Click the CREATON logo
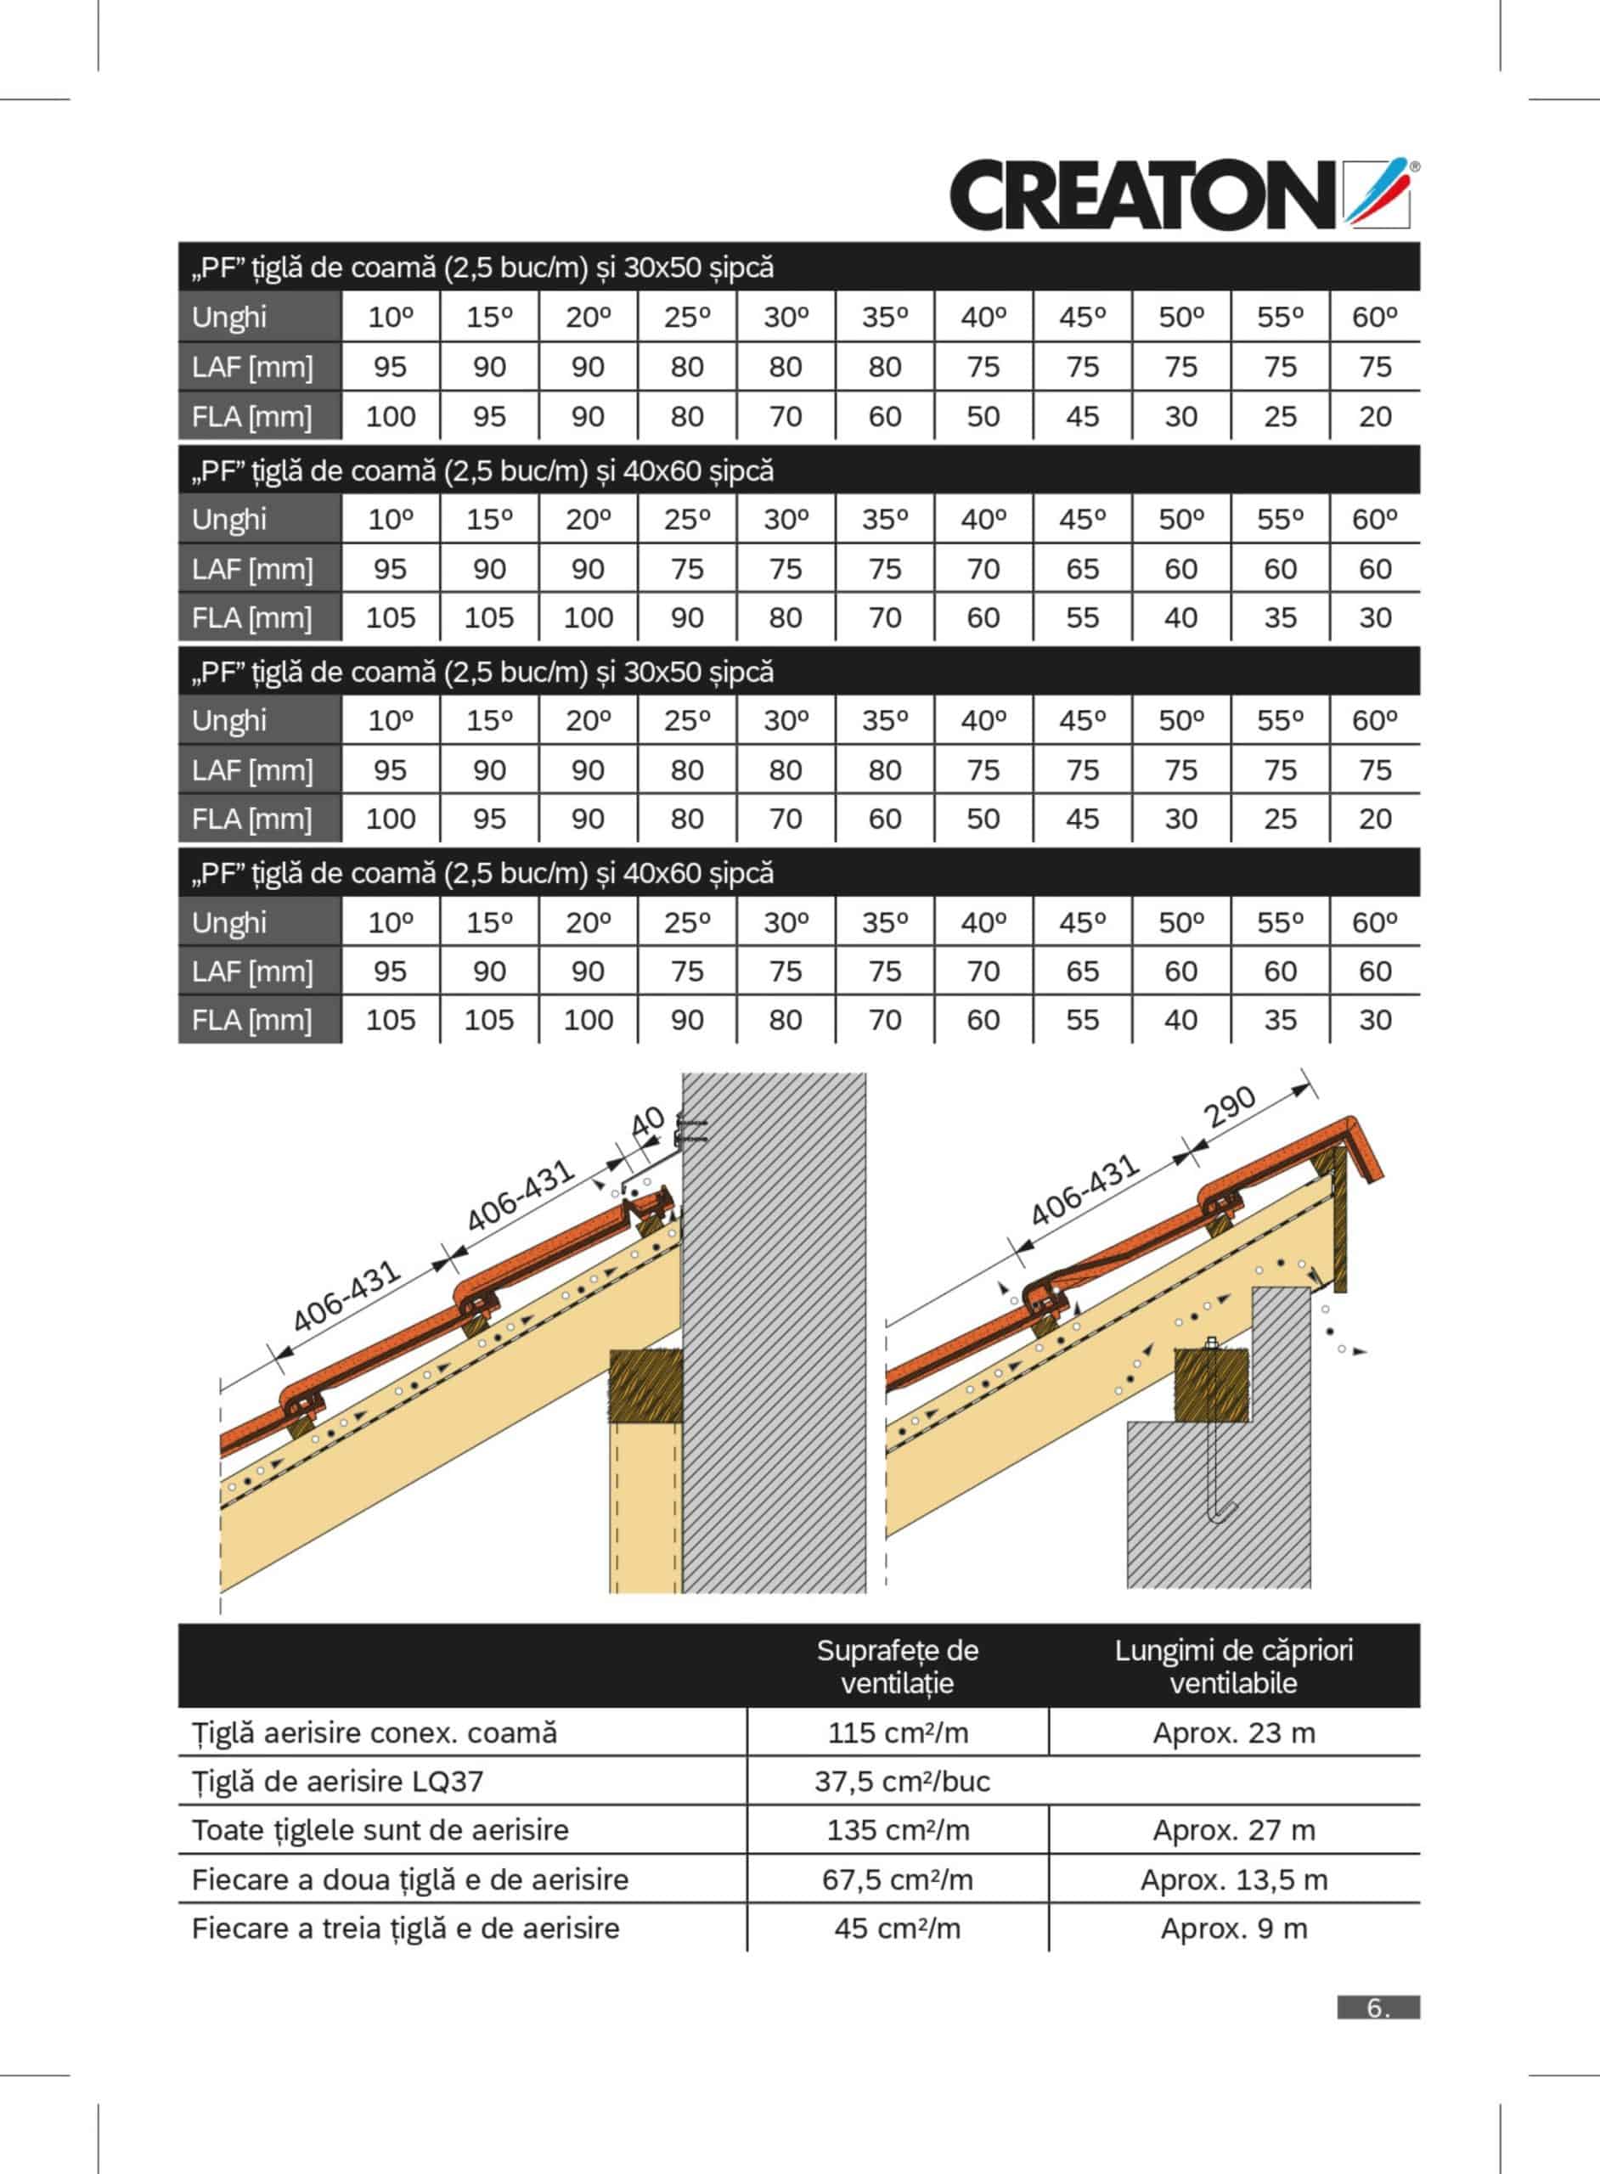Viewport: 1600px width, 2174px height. pos(1181,194)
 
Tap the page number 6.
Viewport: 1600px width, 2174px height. pos(1377,2008)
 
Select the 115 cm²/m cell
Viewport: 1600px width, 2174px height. pos(897,1732)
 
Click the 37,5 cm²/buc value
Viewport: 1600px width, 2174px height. pos(902,1781)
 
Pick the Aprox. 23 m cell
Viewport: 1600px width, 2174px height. pos(1233,1732)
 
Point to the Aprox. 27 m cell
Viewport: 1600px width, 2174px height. pos(1233,1830)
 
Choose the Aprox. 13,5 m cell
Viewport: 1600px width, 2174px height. pos(1233,1879)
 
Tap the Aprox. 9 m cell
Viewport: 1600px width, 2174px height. pos(1233,1928)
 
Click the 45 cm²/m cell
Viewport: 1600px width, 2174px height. pos(897,1928)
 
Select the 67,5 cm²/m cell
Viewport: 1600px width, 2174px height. pos(897,1879)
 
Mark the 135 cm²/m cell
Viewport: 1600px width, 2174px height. pos(897,1830)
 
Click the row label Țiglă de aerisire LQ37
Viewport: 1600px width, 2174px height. pos(337,1781)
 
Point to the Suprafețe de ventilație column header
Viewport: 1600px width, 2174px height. pos(897,1665)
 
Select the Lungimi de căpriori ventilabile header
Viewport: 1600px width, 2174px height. pos(1233,1665)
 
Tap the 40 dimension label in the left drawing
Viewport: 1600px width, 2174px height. pos(647,1124)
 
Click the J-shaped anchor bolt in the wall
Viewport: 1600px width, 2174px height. pos(1215,1433)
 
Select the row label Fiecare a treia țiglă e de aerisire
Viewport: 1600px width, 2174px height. pos(405,1928)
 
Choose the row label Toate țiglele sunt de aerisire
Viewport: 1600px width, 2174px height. pos(380,1830)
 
